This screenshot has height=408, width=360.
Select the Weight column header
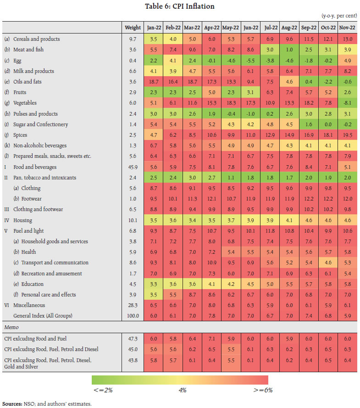(133, 28)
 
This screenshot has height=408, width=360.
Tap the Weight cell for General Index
(133, 316)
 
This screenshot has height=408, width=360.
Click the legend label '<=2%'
(103, 390)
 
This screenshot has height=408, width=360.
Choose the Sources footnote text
(46, 403)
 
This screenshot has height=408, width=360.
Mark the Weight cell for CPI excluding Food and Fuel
(133, 339)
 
